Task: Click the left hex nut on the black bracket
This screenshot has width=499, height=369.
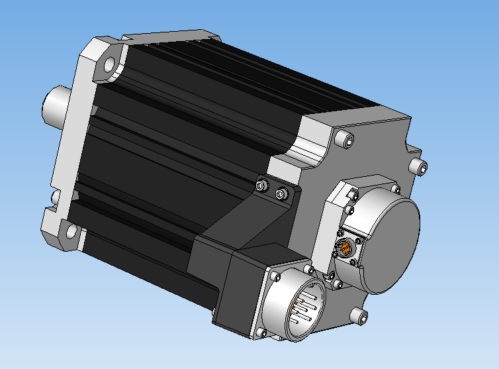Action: pyautogui.click(x=262, y=185)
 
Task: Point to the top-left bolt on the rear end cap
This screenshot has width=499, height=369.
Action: pyautogui.click(x=341, y=139)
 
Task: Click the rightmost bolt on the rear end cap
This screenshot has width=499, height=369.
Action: pyautogui.click(x=416, y=165)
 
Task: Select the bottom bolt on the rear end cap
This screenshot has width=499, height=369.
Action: pyautogui.click(x=359, y=315)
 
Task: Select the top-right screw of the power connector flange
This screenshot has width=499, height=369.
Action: pyautogui.click(x=309, y=270)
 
